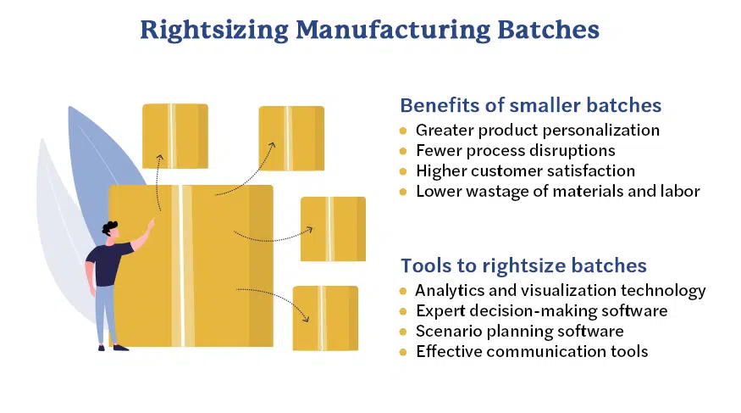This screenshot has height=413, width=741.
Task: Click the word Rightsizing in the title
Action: [214, 31]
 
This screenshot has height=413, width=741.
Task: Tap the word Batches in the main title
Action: [548, 30]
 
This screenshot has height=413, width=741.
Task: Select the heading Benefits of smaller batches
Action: [530, 105]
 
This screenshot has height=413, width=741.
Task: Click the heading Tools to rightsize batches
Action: [523, 266]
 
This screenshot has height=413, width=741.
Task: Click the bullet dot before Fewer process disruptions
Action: [403, 151]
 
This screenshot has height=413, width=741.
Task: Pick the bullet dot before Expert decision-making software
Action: [403, 311]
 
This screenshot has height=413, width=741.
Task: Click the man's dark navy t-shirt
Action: [108, 264]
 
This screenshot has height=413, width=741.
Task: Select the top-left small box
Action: [175, 137]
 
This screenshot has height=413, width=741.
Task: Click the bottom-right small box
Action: [325, 318]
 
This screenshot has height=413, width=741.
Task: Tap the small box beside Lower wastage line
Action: [333, 229]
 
